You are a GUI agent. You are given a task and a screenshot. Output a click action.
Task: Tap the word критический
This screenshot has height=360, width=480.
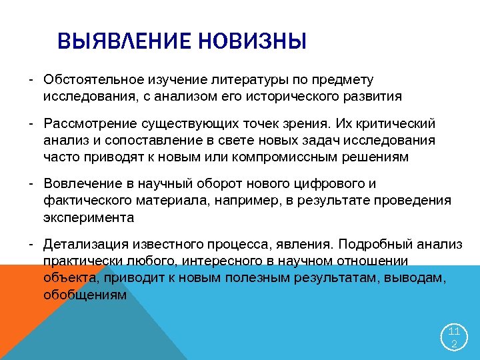(399, 124)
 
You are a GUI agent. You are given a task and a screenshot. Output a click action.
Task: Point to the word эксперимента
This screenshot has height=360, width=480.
(89, 217)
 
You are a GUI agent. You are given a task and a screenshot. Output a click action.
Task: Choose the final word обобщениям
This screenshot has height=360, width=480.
(85, 293)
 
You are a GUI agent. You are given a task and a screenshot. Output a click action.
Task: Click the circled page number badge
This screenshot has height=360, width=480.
(453, 337)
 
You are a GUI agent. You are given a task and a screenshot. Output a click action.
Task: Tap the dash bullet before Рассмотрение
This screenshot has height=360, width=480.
(31, 124)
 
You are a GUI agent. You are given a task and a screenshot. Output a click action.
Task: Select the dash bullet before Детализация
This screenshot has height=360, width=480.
(31, 245)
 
